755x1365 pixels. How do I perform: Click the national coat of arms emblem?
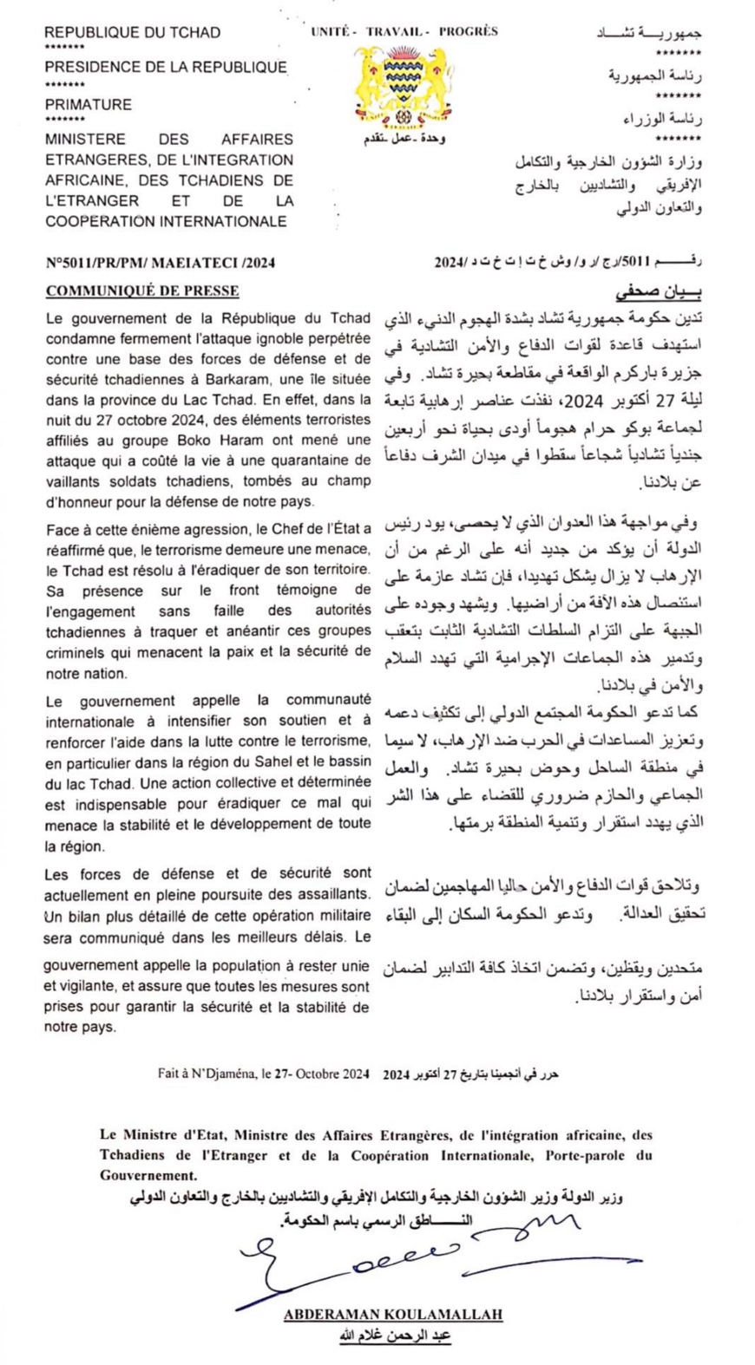[x=400, y=87]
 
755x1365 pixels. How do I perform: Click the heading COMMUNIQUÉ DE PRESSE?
[x=142, y=291]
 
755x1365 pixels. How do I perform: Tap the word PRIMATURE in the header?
[x=89, y=104]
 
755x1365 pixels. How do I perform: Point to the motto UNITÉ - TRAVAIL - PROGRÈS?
[x=404, y=31]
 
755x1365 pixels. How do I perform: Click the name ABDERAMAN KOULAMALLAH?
[x=392, y=1315]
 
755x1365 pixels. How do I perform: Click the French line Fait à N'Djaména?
[x=264, y=1073]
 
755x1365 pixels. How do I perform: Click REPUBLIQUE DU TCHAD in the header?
[x=133, y=33]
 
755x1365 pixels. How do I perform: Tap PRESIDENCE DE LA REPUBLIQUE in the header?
[x=166, y=67]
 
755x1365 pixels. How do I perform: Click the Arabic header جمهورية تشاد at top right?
[x=649, y=33]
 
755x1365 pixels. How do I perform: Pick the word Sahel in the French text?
[x=255, y=763]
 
